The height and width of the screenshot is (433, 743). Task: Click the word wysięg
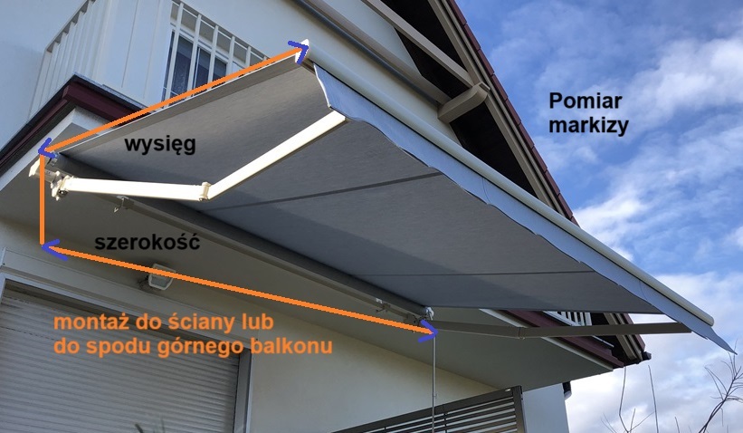pos(160,145)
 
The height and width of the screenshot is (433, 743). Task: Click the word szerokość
pos(147,243)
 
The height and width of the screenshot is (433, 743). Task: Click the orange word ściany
pos(206,323)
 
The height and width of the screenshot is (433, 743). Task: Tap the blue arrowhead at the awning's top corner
pos(299,49)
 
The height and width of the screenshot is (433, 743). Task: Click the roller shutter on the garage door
pos(118,362)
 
